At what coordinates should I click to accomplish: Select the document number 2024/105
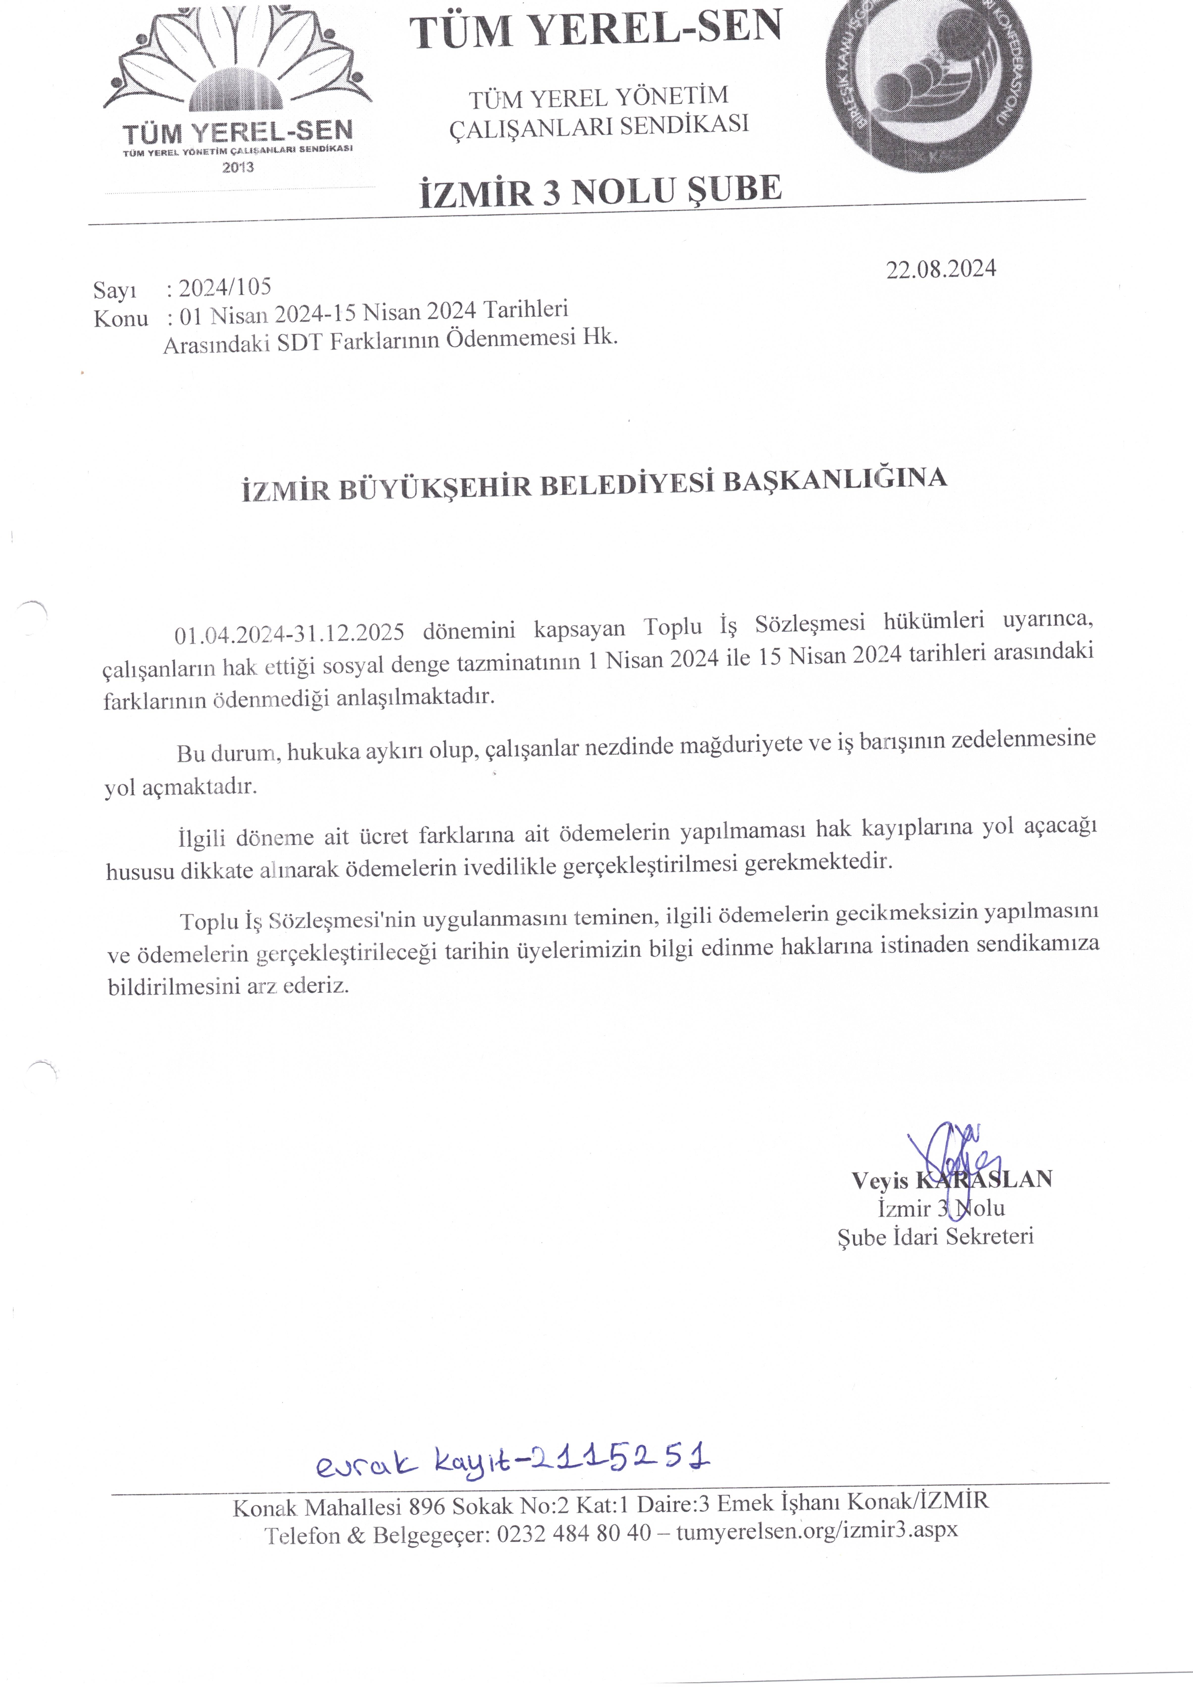[x=225, y=287]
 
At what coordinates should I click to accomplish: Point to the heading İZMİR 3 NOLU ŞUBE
[x=600, y=190]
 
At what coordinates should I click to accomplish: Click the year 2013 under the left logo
[x=238, y=168]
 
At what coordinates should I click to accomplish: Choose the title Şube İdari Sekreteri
[x=935, y=1237]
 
